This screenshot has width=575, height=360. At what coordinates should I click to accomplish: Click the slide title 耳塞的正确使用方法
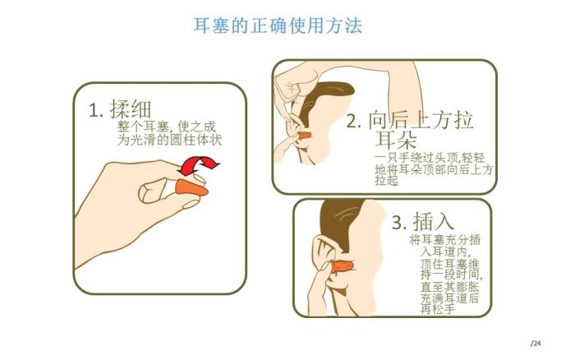pyautogui.click(x=278, y=25)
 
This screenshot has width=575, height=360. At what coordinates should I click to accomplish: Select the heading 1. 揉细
pyautogui.click(x=120, y=109)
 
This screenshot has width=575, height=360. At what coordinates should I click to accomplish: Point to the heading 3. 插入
pyautogui.click(x=423, y=221)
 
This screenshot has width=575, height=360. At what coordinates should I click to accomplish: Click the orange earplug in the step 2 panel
pyautogui.click(x=305, y=136)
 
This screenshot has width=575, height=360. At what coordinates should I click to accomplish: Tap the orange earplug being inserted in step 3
pyautogui.click(x=342, y=267)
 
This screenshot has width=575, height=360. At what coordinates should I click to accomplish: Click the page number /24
pyautogui.click(x=536, y=344)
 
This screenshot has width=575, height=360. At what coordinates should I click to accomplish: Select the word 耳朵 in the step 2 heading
pyautogui.click(x=396, y=139)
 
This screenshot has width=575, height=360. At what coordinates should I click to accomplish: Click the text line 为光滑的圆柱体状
pyautogui.click(x=169, y=140)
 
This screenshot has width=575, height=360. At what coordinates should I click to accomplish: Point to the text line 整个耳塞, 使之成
pyautogui.click(x=167, y=127)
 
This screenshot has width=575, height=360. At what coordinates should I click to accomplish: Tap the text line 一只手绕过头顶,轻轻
pyautogui.click(x=430, y=158)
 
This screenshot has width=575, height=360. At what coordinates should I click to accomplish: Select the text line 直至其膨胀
pyautogui.click(x=449, y=287)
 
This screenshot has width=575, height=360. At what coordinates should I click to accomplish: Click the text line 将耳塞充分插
pyautogui.click(x=444, y=240)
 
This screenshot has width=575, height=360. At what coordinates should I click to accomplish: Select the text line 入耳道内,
pyautogui.click(x=445, y=252)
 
